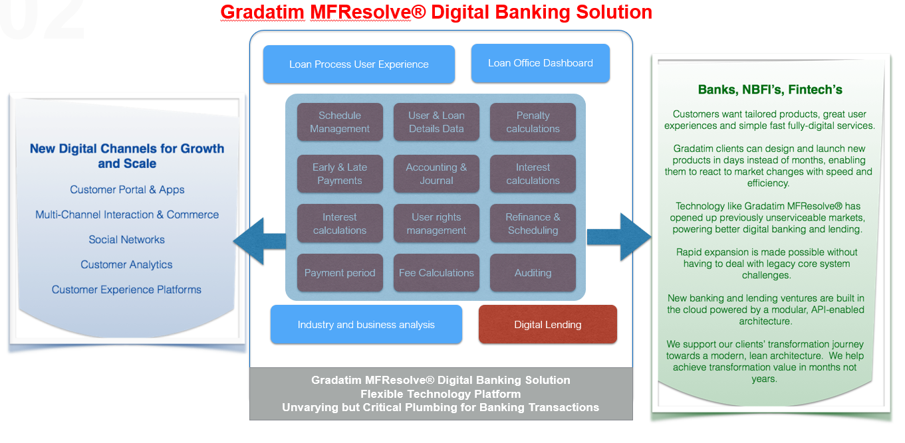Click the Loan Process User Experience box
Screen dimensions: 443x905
click(x=359, y=64)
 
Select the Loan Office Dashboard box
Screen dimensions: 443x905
click(x=540, y=63)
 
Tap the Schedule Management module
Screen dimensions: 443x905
click(x=340, y=122)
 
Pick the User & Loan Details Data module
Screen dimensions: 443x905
click(x=436, y=122)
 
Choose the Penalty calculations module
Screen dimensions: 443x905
click(x=533, y=122)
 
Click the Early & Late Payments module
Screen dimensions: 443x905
click(x=340, y=174)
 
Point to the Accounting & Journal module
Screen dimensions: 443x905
click(x=436, y=174)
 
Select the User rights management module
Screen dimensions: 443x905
click(x=436, y=224)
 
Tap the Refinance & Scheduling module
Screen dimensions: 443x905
click(x=533, y=224)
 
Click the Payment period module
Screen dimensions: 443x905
click(x=340, y=273)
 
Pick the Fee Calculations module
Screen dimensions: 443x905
click(x=436, y=273)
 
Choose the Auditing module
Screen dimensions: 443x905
click(x=533, y=273)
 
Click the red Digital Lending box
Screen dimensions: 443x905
click(x=547, y=325)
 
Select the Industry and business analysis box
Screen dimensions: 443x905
click(x=366, y=325)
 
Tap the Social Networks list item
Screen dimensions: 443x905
click(x=126, y=240)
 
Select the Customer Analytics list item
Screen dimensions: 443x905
click(x=126, y=265)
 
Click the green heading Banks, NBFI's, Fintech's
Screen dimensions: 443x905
click(x=770, y=90)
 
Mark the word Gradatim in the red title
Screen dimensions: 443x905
click(x=262, y=12)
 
